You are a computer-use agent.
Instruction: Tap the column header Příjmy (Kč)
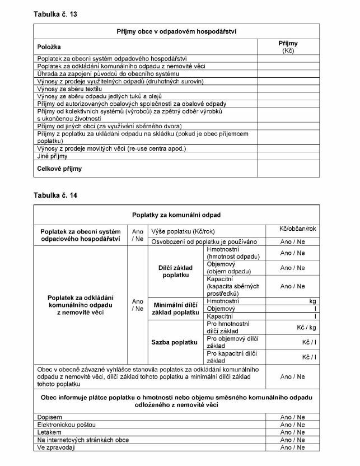pyautogui.click(x=288, y=46)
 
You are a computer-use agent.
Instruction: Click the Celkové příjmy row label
pyautogui.click(x=59, y=168)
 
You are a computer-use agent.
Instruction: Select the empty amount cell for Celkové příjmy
pyautogui.click(x=288, y=168)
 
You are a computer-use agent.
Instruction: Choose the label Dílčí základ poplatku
pyautogui.click(x=176, y=272)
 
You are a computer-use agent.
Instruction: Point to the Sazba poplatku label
pyautogui.click(x=176, y=342)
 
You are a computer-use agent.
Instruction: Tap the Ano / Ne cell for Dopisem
pyautogui.click(x=292, y=417)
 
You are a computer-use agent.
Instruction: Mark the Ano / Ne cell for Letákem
pyautogui.click(x=292, y=432)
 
